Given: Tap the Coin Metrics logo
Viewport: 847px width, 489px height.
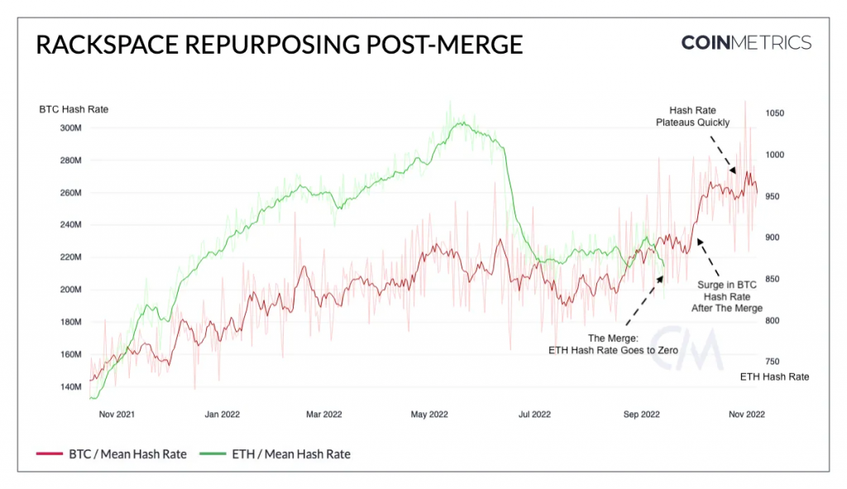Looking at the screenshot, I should click(745, 43).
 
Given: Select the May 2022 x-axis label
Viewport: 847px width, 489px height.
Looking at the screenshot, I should click(428, 414).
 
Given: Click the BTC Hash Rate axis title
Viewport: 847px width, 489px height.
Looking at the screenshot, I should click(74, 109).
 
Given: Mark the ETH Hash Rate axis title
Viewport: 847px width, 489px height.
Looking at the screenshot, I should click(774, 376).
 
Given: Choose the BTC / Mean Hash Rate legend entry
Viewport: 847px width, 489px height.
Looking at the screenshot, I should click(112, 453).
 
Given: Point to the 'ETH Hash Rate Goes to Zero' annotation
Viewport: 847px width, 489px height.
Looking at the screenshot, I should click(614, 344).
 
